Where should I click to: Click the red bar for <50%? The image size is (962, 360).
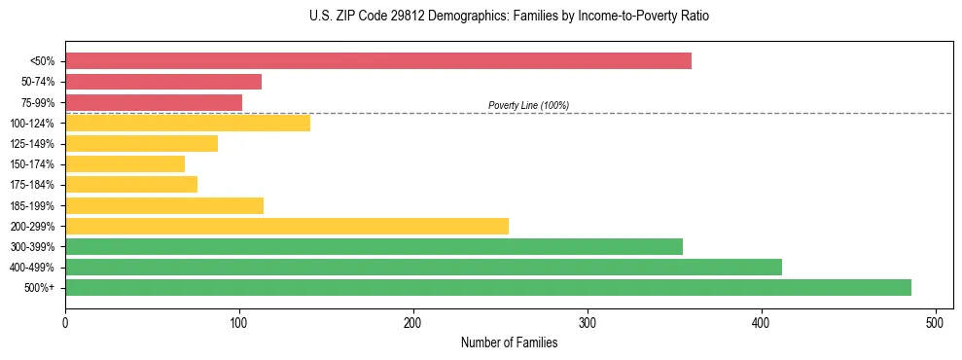[x=377, y=61]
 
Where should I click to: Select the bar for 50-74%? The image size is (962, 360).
[x=163, y=82]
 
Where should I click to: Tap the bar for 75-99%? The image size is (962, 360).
[x=154, y=102]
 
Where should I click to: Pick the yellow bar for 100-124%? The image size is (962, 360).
[x=188, y=123]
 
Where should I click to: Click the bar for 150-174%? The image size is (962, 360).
[x=125, y=163]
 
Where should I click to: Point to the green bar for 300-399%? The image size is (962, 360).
[x=374, y=246]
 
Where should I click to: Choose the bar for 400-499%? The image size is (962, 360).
[x=423, y=267]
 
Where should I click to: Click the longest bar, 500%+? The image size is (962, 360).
[x=488, y=287]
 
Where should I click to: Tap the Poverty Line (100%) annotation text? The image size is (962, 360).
[x=528, y=105]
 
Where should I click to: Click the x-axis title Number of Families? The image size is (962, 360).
[x=509, y=342]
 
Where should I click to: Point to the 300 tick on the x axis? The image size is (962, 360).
[x=588, y=321]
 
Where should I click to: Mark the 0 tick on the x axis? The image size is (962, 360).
[x=65, y=321]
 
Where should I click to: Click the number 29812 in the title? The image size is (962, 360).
[x=406, y=17]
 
